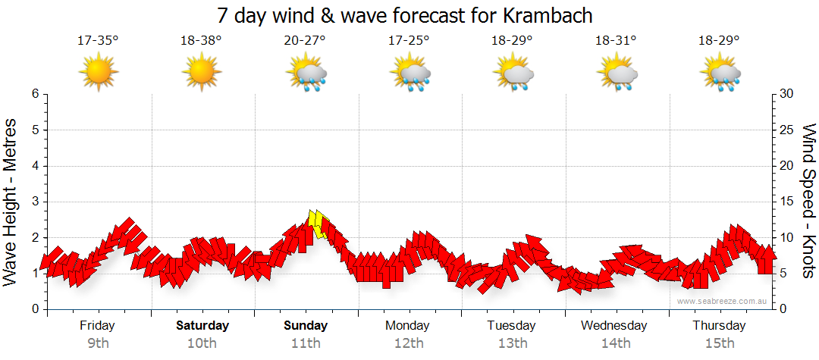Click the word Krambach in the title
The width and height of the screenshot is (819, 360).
click(548, 15)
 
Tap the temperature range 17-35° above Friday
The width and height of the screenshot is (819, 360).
click(98, 41)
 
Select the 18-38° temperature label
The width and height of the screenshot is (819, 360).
click(201, 41)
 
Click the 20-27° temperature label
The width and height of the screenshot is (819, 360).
click(305, 41)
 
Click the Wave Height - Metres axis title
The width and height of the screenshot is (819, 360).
click(11, 202)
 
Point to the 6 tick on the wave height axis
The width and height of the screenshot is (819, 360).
click(35, 94)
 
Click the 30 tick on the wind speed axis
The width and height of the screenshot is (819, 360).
click(786, 94)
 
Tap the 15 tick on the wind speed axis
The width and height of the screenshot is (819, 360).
click(786, 202)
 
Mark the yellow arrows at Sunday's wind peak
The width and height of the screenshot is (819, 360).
click(319, 224)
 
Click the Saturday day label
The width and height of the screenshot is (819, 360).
click(202, 326)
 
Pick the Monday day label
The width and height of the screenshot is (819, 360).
click(409, 326)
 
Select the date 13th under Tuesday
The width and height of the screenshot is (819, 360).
click(513, 343)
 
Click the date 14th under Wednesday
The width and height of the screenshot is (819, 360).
click(616, 343)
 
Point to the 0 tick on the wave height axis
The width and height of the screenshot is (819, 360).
click(35, 309)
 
